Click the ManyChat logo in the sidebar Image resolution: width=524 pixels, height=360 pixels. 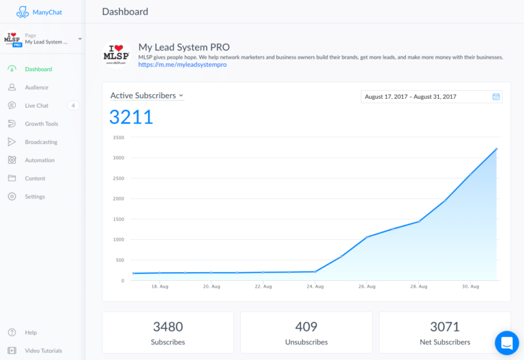(39, 12)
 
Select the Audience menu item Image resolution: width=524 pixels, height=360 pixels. (36, 87)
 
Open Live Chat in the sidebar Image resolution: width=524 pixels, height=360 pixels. (36, 106)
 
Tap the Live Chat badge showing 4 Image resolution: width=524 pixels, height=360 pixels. (73, 106)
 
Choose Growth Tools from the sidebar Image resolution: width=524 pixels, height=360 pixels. (42, 123)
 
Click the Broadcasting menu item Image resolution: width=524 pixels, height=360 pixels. (41, 142)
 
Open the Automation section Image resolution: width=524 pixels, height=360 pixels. (40, 160)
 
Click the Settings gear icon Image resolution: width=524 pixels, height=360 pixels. (12, 196)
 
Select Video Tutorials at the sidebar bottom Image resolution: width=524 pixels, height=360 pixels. (44, 350)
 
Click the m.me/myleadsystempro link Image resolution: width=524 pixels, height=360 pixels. (182, 65)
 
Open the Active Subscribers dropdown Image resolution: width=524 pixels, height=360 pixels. (147, 95)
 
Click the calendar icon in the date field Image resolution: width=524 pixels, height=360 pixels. (496, 97)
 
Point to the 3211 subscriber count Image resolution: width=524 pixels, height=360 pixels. (131, 117)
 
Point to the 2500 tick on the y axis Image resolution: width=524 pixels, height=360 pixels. (118, 179)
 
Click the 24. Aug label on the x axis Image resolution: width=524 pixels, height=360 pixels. (315, 286)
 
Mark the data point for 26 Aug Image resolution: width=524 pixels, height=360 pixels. (367, 237)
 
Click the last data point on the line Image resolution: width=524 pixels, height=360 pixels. (496, 149)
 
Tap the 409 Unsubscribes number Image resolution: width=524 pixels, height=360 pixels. (306, 327)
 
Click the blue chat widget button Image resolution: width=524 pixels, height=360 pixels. (507, 343)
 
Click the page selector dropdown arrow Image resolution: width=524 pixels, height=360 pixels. (80, 39)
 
